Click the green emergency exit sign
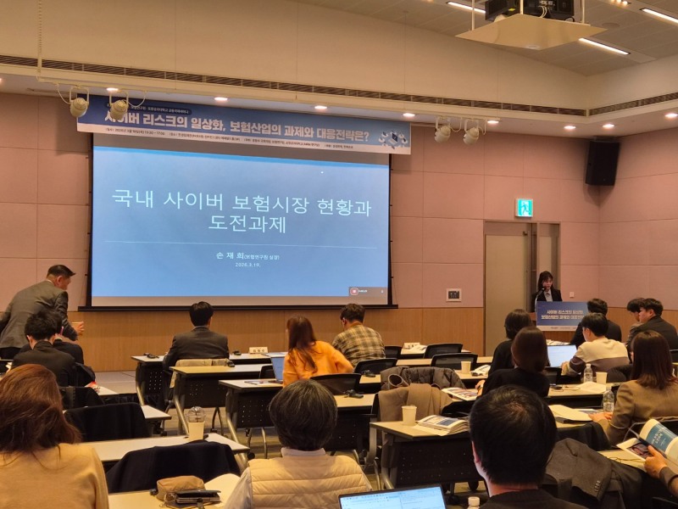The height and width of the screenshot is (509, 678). (525, 208)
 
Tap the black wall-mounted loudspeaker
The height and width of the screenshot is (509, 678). (602, 163)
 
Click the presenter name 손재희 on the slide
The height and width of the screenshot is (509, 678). (218, 254)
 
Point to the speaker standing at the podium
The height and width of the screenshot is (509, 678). (546, 288)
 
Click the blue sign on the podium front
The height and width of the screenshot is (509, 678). (560, 316)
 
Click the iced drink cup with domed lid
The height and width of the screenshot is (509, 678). (196, 422)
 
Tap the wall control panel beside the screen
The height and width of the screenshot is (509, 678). (454, 294)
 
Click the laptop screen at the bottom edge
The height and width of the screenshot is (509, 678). (393, 498)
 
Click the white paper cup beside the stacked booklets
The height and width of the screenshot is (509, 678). (409, 415)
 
